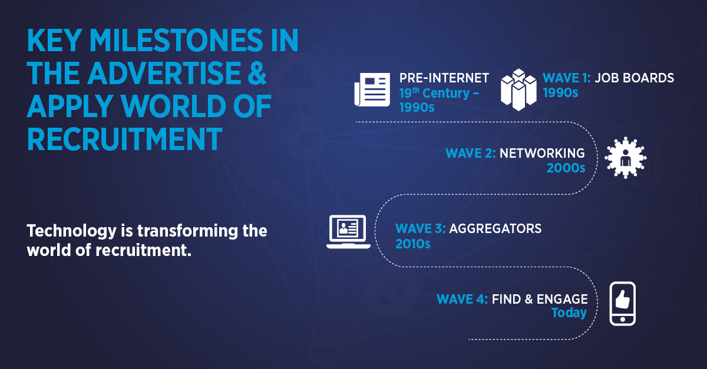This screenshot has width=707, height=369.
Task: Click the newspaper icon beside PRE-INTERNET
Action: pos(372,90)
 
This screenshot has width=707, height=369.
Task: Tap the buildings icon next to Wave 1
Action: pos(518,90)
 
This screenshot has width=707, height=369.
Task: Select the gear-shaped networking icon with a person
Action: pos(625,158)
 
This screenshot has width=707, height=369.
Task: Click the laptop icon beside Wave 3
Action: pos(348,232)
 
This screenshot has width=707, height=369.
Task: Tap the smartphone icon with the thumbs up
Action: pos(622,304)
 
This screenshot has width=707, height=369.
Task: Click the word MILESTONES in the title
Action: pos(176,41)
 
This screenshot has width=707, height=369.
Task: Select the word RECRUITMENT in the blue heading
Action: pos(125,139)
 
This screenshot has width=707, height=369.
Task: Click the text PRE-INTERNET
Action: pos(444,78)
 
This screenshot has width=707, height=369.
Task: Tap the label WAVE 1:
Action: pos(567,78)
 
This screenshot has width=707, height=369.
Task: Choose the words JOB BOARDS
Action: pos(635,78)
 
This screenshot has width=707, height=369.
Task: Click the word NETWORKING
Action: pos(542,153)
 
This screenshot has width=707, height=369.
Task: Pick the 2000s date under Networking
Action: pos(566,168)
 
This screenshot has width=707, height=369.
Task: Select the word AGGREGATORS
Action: pos(495,229)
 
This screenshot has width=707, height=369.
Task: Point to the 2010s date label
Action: pos(413,244)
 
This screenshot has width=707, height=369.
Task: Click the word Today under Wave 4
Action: pos(569,313)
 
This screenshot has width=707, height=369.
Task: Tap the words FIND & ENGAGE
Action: pos(540,299)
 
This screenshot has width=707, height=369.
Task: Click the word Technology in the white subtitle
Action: pos(72,231)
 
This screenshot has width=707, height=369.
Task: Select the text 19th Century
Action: pos(435,93)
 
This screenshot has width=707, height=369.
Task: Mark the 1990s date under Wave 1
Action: pos(560,93)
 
